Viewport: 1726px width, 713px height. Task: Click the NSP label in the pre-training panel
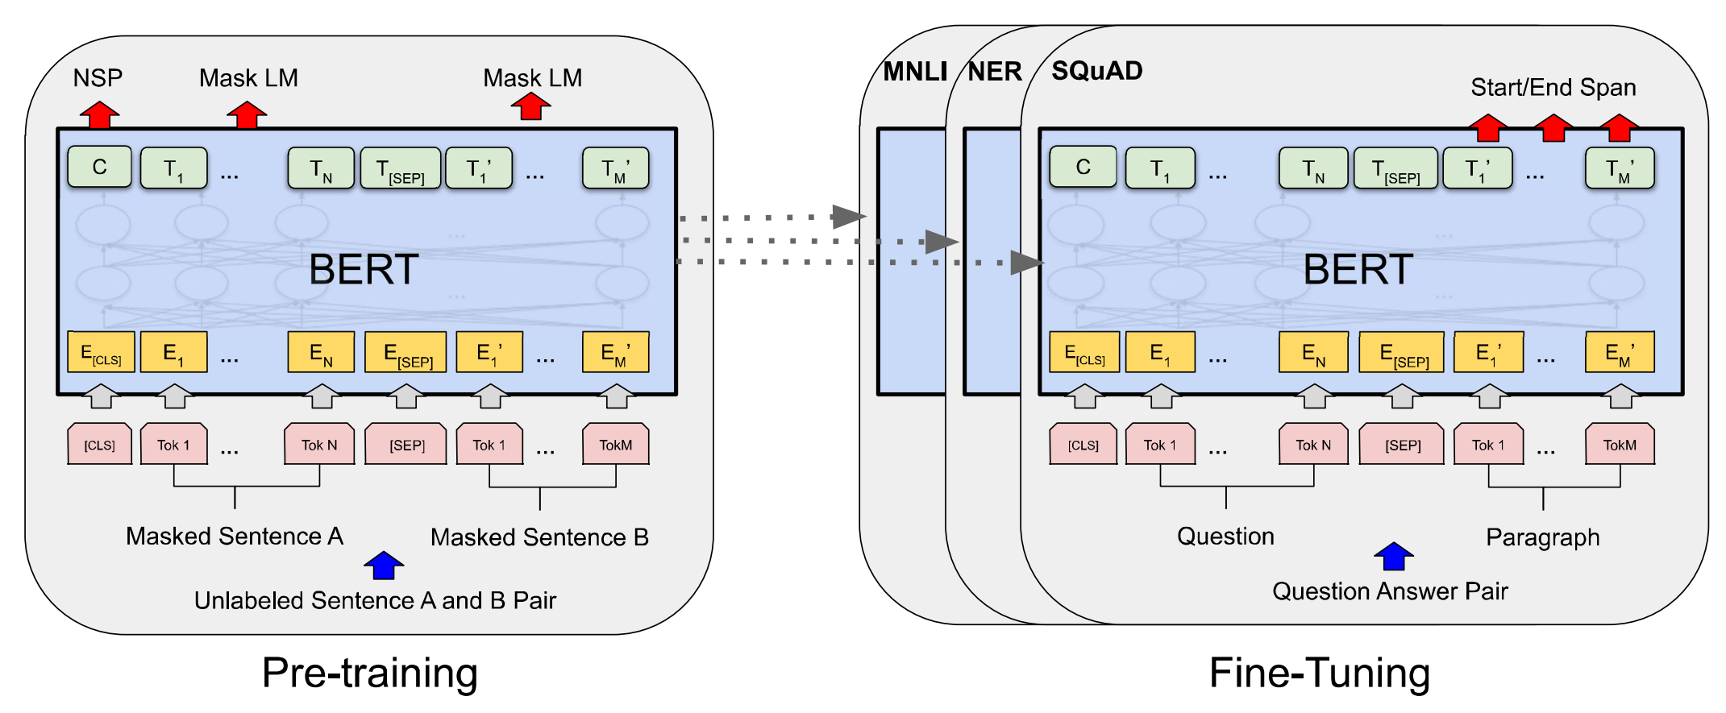point(98,78)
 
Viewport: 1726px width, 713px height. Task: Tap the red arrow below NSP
point(99,114)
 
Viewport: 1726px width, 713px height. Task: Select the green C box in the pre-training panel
point(99,167)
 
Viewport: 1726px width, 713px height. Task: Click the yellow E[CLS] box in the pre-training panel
point(101,352)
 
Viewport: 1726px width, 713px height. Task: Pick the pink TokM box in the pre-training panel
point(615,444)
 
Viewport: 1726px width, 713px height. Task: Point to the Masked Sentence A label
point(235,536)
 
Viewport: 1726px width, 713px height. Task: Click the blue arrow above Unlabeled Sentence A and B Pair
point(384,565)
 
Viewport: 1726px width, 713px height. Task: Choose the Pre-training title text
point(370,673)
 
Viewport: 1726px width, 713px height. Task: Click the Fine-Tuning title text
point(1320,673)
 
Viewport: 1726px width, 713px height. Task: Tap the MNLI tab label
point(915,72)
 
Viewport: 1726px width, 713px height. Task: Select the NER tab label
point(995,72)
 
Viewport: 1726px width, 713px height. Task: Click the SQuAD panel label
point(1097,71)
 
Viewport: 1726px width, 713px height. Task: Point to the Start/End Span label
point(1553,87)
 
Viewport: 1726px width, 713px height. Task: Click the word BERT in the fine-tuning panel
point(1358,269)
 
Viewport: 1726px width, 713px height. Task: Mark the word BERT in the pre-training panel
point(364,269)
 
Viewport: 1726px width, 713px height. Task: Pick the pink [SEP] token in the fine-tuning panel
point(1402,445)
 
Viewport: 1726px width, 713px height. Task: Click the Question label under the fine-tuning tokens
point(1225,536)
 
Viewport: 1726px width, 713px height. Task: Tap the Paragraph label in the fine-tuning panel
point(1542,537)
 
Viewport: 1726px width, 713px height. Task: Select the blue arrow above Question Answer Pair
point(1394,556)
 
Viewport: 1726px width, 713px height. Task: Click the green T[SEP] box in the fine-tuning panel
point(1395,168)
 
